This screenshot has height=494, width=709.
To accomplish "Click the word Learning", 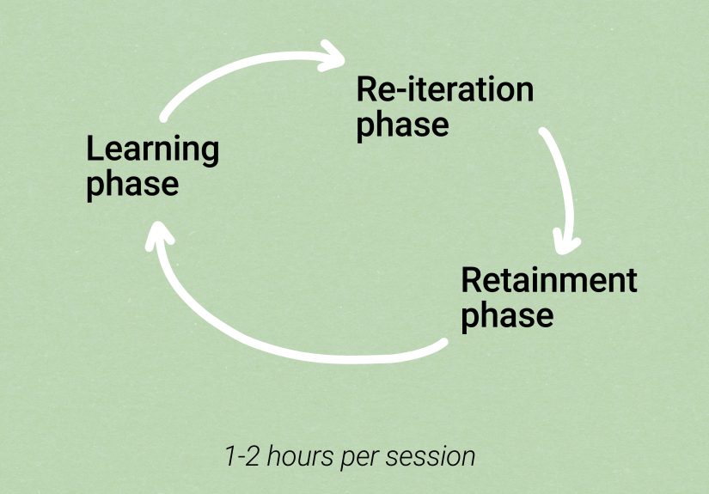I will pos(152,149).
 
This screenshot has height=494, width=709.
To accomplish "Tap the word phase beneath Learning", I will pos(132,184).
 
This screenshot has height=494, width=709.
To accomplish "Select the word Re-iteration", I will pos(444,88).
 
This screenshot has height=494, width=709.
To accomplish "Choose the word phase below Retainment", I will pos(507,315).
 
